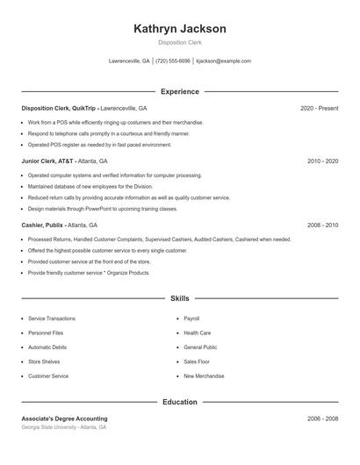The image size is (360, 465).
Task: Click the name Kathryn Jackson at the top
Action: tap(180, 28)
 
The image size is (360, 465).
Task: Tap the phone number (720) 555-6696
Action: tap(173, 61)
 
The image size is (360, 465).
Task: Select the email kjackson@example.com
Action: tap(223, 61)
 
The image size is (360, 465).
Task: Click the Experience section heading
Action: tap(180, 91)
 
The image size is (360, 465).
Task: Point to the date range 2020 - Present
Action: tap(319, 108)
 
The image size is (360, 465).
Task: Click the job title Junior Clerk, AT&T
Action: tap(48, 161)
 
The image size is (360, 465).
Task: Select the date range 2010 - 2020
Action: tap(322, 161)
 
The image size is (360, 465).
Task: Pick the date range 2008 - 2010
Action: tap(322, 225)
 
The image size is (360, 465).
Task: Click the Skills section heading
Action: tap(180, 299)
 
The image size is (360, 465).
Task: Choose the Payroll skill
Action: tap(191, 318)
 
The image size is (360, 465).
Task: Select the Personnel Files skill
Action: tap(45, 333)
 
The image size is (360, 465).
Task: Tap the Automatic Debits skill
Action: tap(47, 347)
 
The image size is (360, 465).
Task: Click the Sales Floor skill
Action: tap(197, 361)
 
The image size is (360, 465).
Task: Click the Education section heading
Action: tap(180, 402)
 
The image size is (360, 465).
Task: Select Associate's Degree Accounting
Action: tap(65, 418)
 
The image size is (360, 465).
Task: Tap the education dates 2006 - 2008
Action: tap(322, 418)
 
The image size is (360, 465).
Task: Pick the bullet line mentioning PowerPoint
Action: tap(103, 209)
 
